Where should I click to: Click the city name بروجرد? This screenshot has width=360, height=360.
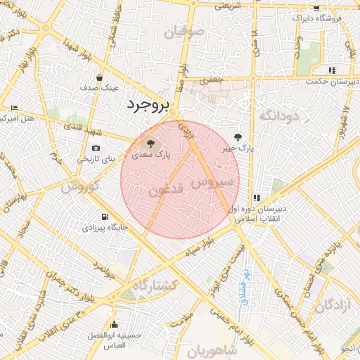coord(148,106)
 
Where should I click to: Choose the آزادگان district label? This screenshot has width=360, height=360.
coord(332,305)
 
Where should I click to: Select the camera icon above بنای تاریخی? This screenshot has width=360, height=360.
coord(96,148)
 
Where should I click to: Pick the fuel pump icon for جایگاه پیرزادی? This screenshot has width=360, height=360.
coord(105,217)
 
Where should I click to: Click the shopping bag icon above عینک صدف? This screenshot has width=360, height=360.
coord(100,77)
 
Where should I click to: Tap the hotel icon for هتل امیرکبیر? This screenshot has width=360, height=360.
coord(14,108)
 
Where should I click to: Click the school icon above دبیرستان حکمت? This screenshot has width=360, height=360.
coord(331,70)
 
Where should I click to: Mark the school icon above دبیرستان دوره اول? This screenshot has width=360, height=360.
coord(257,198)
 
